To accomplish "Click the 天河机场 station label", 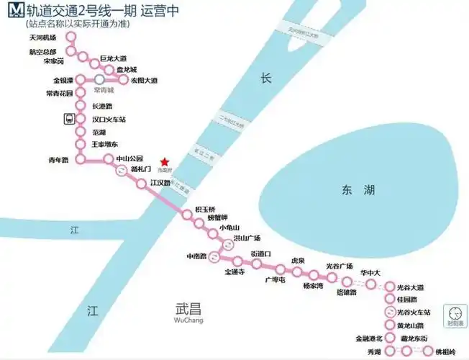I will [x=42, y=37].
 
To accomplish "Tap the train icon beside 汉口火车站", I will [x=68, y=119].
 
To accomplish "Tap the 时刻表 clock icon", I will [x=455, y=314].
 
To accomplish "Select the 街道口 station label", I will [x=261, y=253].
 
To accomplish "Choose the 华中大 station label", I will [x=370, y=273].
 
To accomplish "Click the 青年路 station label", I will [x=58, y=160].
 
